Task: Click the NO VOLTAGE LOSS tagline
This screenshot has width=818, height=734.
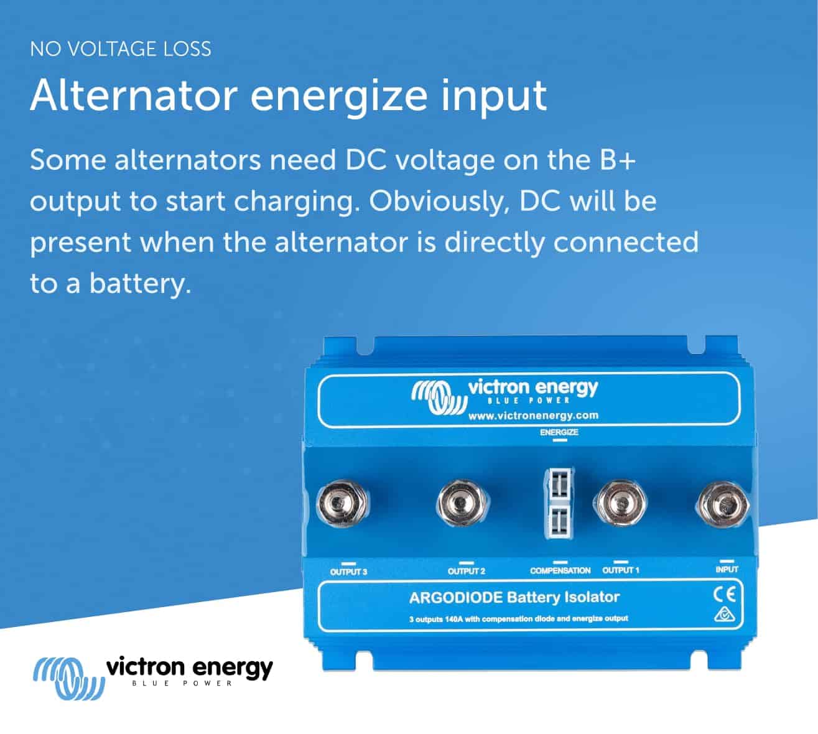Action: tap(120, 49)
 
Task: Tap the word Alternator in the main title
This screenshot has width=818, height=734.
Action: tap(134, 96)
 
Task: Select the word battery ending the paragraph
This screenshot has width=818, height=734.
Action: tap(140, 283)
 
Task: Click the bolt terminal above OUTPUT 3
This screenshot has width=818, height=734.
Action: tap(342, 503)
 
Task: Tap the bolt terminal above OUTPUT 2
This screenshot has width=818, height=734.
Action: tap(462, 503)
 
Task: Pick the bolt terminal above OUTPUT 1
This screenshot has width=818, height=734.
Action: tap(620, 503)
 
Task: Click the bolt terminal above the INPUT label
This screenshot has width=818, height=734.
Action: tap(723, 504)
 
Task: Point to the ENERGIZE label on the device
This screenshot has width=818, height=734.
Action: tap(559, 432)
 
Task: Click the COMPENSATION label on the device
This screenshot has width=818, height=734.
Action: tap(560, 570)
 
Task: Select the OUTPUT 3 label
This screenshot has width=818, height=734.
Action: tap(348, 572)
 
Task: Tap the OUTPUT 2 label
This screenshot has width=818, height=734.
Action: tap(467, 571)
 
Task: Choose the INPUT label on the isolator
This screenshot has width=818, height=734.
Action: tap(727, 569)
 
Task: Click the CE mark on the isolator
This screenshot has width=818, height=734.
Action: tap(725, 594)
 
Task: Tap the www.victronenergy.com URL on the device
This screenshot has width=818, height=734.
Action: tap(533, 416)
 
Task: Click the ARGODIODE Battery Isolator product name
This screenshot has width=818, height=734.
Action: tap(514, 597)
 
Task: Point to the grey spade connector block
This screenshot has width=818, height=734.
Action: tap(559, 503)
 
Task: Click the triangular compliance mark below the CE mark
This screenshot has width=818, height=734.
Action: tap(725, 615)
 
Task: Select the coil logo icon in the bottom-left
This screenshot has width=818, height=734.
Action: tap(68, 678)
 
